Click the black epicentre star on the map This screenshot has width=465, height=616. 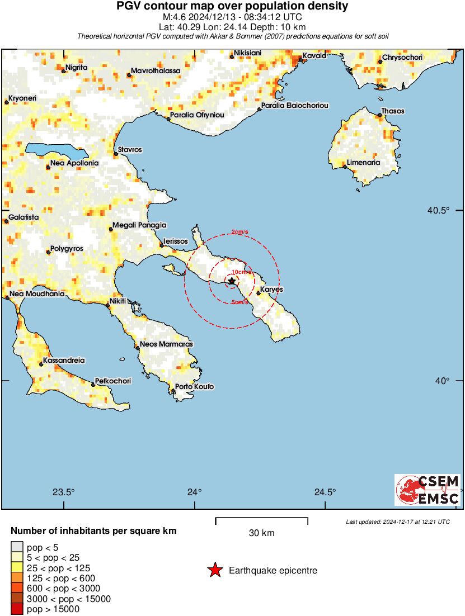click(232, 282)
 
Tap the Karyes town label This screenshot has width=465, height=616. click(272, 290)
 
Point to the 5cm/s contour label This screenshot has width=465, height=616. click(239, 302)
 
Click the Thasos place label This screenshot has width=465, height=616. click(392, 111)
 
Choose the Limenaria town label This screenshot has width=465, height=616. click(364, 163)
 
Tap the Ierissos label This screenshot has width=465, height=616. click(176, 241)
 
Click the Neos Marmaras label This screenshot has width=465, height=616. click(166, 344)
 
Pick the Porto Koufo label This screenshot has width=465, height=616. click(195, 387)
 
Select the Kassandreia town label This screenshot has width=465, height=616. click(64, 361)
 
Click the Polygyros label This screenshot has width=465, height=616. click(67, 248)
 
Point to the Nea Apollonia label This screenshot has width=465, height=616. click(74, 163)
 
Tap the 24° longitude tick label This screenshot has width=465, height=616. click(195, 492)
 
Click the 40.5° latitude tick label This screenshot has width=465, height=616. click(439, 211)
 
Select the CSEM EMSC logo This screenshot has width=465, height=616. click(428, 490)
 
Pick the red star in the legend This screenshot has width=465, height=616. click(215, 570)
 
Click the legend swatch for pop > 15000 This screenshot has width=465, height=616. click(17, 609)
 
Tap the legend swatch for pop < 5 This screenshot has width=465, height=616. click(17, 547)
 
